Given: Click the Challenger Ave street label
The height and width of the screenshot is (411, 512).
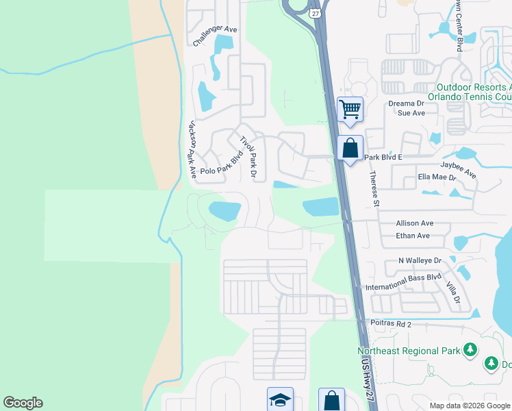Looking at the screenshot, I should (x=214, y=36).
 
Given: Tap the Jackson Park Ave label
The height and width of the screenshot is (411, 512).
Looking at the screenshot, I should (x=192, y=150).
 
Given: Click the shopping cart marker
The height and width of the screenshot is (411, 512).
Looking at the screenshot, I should (x=350, y=109).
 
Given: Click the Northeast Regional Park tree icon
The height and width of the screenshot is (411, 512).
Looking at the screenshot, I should (x=470, y=351).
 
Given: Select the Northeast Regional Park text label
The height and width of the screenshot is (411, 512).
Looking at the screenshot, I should (x=408, y=351).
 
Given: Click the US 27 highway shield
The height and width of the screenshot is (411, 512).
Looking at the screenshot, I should (x=314, y=13).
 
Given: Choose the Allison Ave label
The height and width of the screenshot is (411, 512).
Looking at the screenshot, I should (x=415, y=223).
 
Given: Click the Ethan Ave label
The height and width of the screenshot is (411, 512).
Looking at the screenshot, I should (x=413, y=236).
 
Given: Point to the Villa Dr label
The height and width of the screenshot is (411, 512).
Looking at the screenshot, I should (x=452, y=292).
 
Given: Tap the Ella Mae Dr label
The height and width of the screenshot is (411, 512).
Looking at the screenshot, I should (x=437, y=176).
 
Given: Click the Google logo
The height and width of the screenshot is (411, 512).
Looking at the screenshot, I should (x=23, y=403).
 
